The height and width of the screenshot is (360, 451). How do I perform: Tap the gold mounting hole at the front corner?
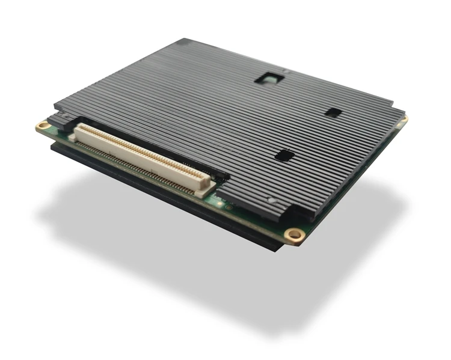tap(293, 234)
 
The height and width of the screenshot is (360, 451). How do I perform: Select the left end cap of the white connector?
tap(75, 133)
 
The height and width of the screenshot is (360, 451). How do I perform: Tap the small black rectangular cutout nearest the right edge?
tap(333, 112)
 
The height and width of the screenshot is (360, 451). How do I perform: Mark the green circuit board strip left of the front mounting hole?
tap(253, 219)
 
